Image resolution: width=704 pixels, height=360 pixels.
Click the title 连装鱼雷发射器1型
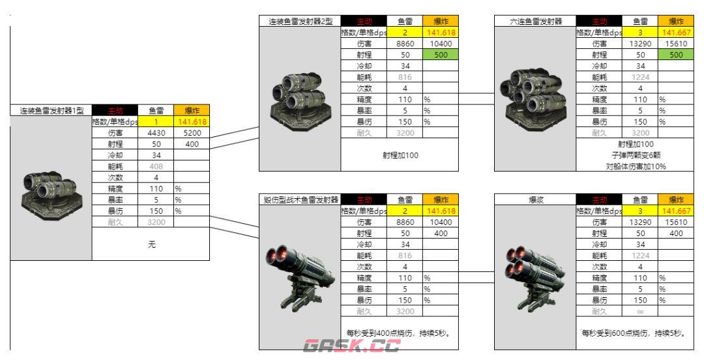pos(51,111)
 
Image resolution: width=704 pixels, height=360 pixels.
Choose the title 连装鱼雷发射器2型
pos(299,22)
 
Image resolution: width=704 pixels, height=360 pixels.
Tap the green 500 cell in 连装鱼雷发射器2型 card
pos(439,55)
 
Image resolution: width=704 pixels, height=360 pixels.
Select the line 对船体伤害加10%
pos(632,166)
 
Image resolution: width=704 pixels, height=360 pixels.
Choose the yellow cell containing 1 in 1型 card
pos(157,122)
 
